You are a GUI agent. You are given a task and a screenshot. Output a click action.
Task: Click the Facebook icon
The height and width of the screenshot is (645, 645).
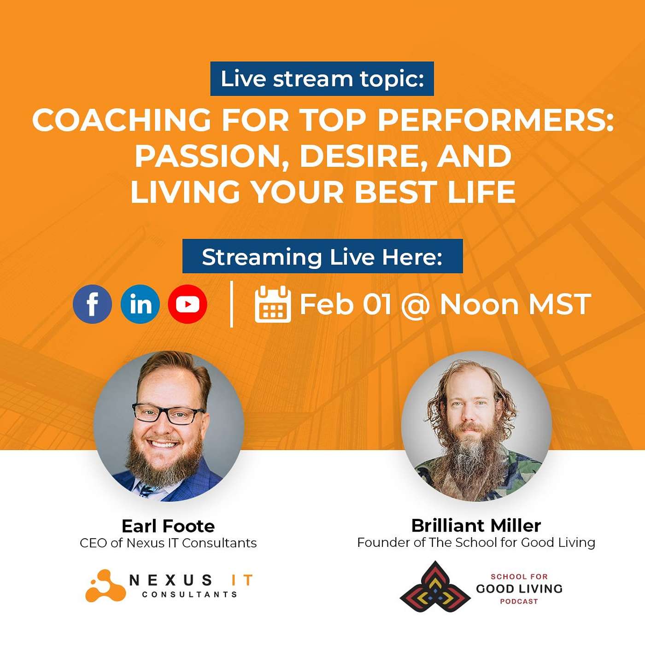point(92,304)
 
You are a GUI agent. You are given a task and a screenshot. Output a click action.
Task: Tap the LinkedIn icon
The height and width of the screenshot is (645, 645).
point(140,304)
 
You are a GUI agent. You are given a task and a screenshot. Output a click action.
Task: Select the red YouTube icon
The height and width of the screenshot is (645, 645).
point(188,304)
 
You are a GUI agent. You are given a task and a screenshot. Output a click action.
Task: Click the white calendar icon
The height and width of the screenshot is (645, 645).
point(272,304)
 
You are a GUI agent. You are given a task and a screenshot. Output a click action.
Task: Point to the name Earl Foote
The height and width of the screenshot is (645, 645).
point(168,526)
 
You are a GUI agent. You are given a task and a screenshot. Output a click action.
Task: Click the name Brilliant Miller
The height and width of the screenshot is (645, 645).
point(476,525)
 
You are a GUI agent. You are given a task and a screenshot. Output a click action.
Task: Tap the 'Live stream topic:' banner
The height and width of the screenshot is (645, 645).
point(322,79)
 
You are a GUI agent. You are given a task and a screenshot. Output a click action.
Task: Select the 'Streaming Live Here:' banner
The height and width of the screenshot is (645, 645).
point(322,257)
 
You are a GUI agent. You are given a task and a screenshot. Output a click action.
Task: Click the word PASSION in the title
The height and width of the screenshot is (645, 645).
point(208,156)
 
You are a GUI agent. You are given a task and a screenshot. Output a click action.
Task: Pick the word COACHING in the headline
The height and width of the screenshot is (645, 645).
point(121,120)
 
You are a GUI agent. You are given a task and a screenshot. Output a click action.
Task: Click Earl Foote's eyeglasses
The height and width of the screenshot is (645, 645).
point(168,414)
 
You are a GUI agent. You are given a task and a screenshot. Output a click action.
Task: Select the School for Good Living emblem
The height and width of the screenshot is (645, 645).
point(435,586)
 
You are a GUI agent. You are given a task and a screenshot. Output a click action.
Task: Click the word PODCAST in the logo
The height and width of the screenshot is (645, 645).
point(519,601)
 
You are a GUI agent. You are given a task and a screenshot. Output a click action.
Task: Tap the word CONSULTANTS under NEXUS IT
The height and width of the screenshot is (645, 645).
point(189,594)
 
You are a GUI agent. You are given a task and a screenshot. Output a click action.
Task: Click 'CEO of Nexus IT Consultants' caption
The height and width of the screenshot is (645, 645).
point(168,543)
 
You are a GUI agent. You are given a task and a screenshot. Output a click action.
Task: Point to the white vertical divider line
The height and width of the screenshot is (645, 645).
point(231,304)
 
